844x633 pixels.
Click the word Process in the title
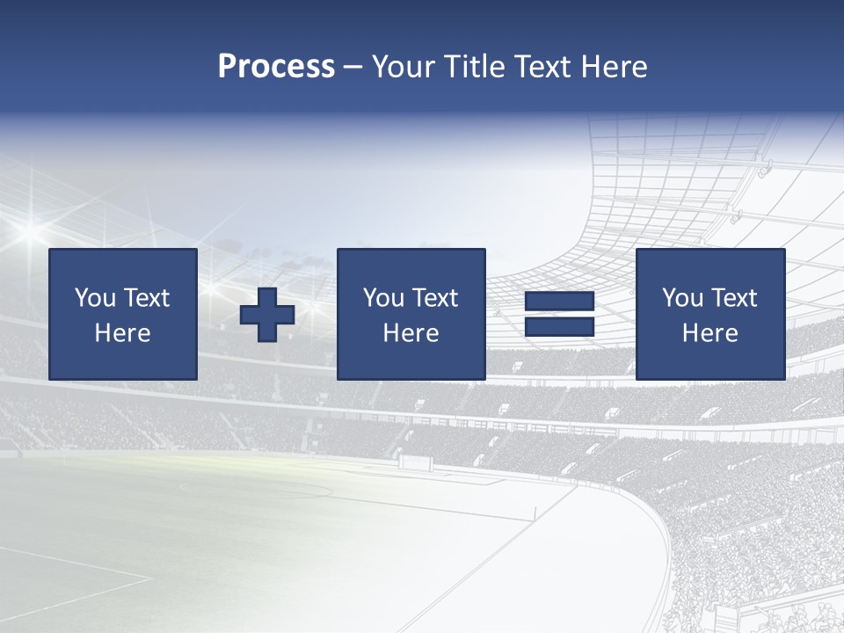(276, 67)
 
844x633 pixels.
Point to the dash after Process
(353, 68)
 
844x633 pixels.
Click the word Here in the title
(612, 67)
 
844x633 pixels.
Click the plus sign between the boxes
(267, 315)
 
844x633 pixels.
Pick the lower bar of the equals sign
(559, 327)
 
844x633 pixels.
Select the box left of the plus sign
(123, 314)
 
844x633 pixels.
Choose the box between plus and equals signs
(411, 314)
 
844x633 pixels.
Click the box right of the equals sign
(709, 314)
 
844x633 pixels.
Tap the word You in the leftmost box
(95, 298)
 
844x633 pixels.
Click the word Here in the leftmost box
(123, 333)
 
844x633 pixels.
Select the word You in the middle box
(383, 298)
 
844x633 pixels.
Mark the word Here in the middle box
(411, 333)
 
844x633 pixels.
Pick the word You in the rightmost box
(682, 298)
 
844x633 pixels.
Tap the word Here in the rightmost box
(710, 333)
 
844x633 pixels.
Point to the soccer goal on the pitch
(415, 461)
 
